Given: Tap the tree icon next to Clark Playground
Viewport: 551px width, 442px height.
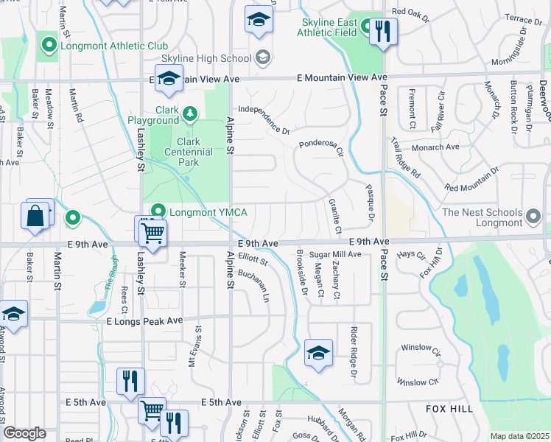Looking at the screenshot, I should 190,113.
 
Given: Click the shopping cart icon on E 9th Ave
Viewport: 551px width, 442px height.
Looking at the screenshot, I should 153,232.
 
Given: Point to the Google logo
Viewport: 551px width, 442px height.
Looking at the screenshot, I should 24,433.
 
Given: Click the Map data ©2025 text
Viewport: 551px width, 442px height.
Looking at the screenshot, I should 519,436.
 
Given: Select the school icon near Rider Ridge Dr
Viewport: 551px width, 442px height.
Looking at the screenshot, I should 317,352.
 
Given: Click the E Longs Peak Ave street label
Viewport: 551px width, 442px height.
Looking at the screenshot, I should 144,321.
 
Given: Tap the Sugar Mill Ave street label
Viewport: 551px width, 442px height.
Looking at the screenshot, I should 334,254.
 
